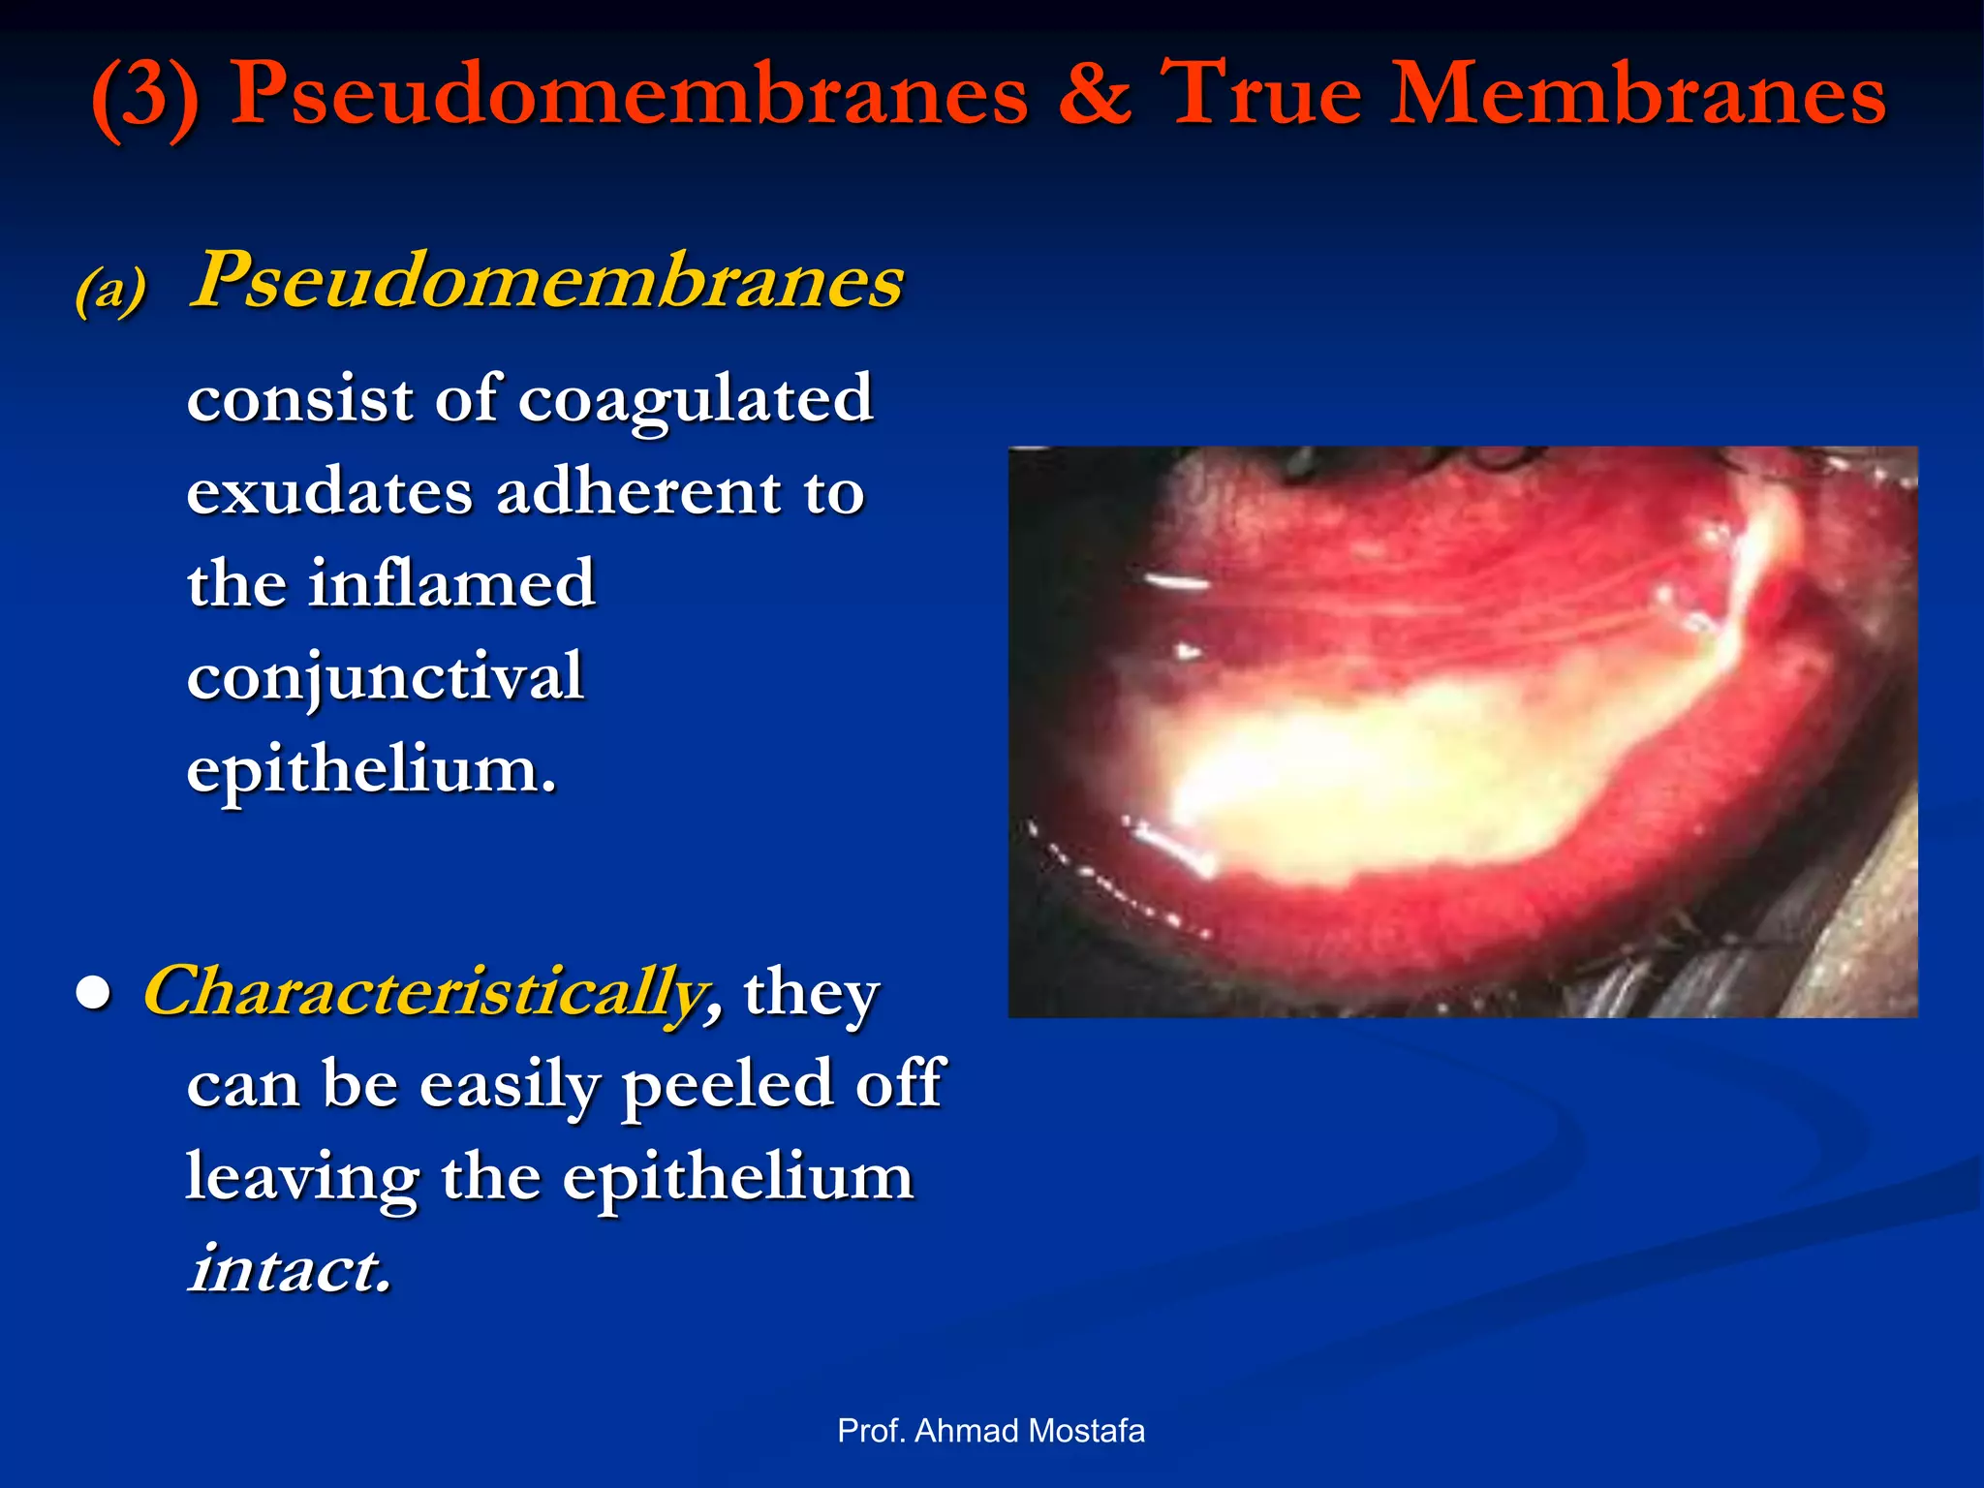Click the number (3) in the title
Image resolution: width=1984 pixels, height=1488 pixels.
pyautogui.click(x=145, y=97)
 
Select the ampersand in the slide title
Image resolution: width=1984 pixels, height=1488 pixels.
pyautogui.click(x=1094, y=95)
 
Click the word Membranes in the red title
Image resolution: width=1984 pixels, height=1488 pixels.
pyautogui.click(x=1637, y=95)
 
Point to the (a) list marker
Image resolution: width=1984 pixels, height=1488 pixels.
pyautogui.click(x=110, y=289)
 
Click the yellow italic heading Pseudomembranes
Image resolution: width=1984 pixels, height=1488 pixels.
pyautogui.click(x=546, y=281)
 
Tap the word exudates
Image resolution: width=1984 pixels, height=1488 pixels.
pyautogui.click(x=329, y=491)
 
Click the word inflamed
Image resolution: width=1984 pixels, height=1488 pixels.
pyautogui.click(x=451, y=583)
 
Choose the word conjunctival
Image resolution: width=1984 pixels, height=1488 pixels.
pyautogui.click(x=386, y=676)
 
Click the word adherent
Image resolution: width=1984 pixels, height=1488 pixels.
pyautogui.click(x=638, y=491)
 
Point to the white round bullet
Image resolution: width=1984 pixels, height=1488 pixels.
pyautogui.click(x=94, y=994)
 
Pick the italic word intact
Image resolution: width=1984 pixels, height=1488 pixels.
pyautogui.click(x=290, y=1268)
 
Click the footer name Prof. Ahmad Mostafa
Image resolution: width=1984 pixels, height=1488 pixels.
pyautogui.click(x=991, y=1430)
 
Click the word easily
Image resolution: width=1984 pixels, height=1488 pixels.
pyautogui.click(x=510, y=1085)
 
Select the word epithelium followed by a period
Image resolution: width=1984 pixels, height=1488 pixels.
pyautogui.click(x=372, y=769)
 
